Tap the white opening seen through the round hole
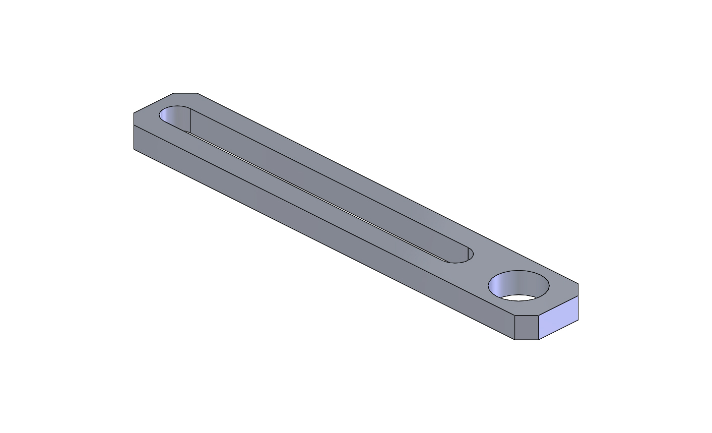(519, 298)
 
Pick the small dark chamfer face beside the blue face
(527, 328)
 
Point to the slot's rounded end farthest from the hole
(174, 115)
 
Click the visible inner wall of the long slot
(328, 187)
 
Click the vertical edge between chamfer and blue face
(539, 328)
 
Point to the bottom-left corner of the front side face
(134, 149)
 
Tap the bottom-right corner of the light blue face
(578, 320)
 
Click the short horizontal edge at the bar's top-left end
(185, 93)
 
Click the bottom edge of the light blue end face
(558, 330)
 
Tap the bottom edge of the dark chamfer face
(527, 340)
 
